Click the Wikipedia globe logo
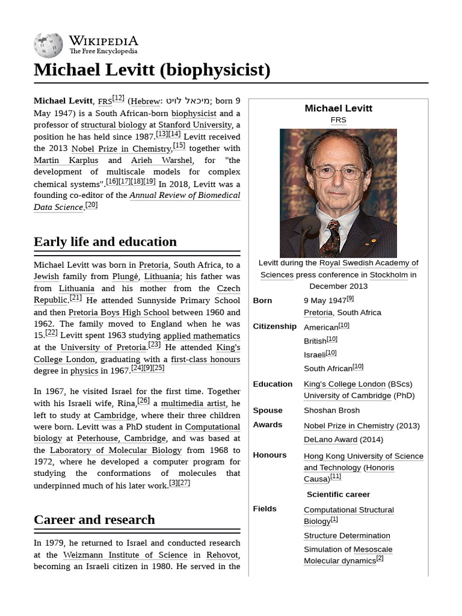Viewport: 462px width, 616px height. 49,45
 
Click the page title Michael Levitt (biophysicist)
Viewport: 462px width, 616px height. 152,70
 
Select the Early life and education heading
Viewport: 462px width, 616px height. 105,242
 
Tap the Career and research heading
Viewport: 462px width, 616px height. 94,520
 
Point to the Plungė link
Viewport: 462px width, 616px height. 125,277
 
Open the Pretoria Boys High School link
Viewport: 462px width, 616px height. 119,312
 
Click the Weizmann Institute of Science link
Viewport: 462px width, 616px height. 125,555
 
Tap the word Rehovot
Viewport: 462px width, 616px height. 223,555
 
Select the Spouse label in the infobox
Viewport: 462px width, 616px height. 268,410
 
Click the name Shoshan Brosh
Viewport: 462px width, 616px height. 331,410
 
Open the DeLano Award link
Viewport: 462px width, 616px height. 330,439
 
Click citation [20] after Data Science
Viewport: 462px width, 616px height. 91,205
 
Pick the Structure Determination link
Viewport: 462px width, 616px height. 346,535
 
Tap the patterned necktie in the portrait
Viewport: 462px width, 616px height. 331,238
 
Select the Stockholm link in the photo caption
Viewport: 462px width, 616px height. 389,275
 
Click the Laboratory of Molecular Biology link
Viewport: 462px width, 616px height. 115,450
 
